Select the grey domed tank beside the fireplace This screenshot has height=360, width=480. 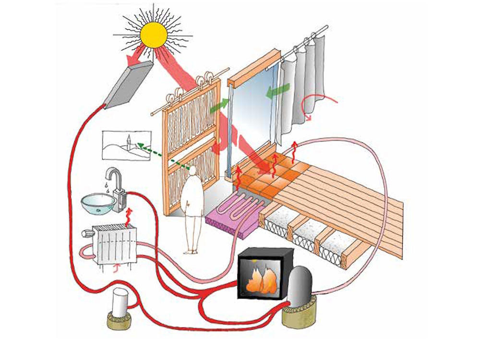coord(300,286)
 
